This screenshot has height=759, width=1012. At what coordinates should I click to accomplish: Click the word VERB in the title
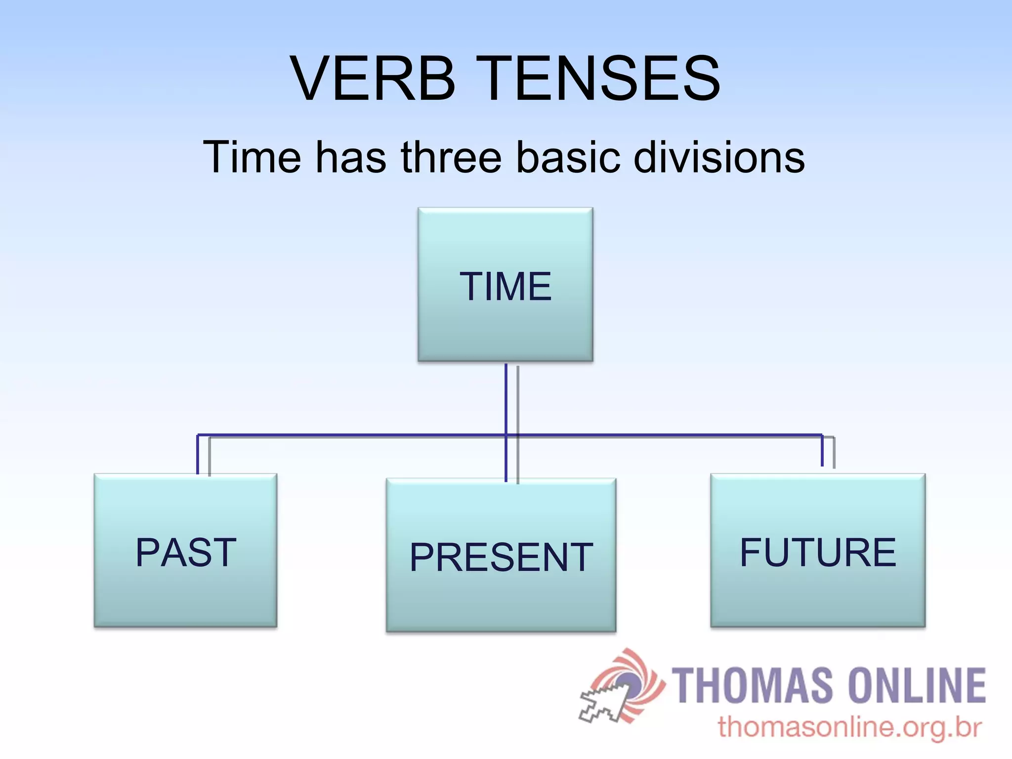tap(373, 79)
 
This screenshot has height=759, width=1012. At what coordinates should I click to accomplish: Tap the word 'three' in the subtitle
tap(451, 157)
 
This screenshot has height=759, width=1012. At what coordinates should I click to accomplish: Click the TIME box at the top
tap(505, 285)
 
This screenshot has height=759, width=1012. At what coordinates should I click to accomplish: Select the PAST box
tap(185, 551)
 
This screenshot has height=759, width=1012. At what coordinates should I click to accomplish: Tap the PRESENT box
tap(501, 555)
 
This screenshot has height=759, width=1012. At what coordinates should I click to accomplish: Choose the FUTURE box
tap(818, 551)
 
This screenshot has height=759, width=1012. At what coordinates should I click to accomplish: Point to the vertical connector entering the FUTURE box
tap(822, 451)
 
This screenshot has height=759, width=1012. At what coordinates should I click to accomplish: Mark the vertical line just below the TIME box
tap(506, 395)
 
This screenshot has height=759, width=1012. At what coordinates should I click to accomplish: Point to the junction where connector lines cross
tap(506, 435)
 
